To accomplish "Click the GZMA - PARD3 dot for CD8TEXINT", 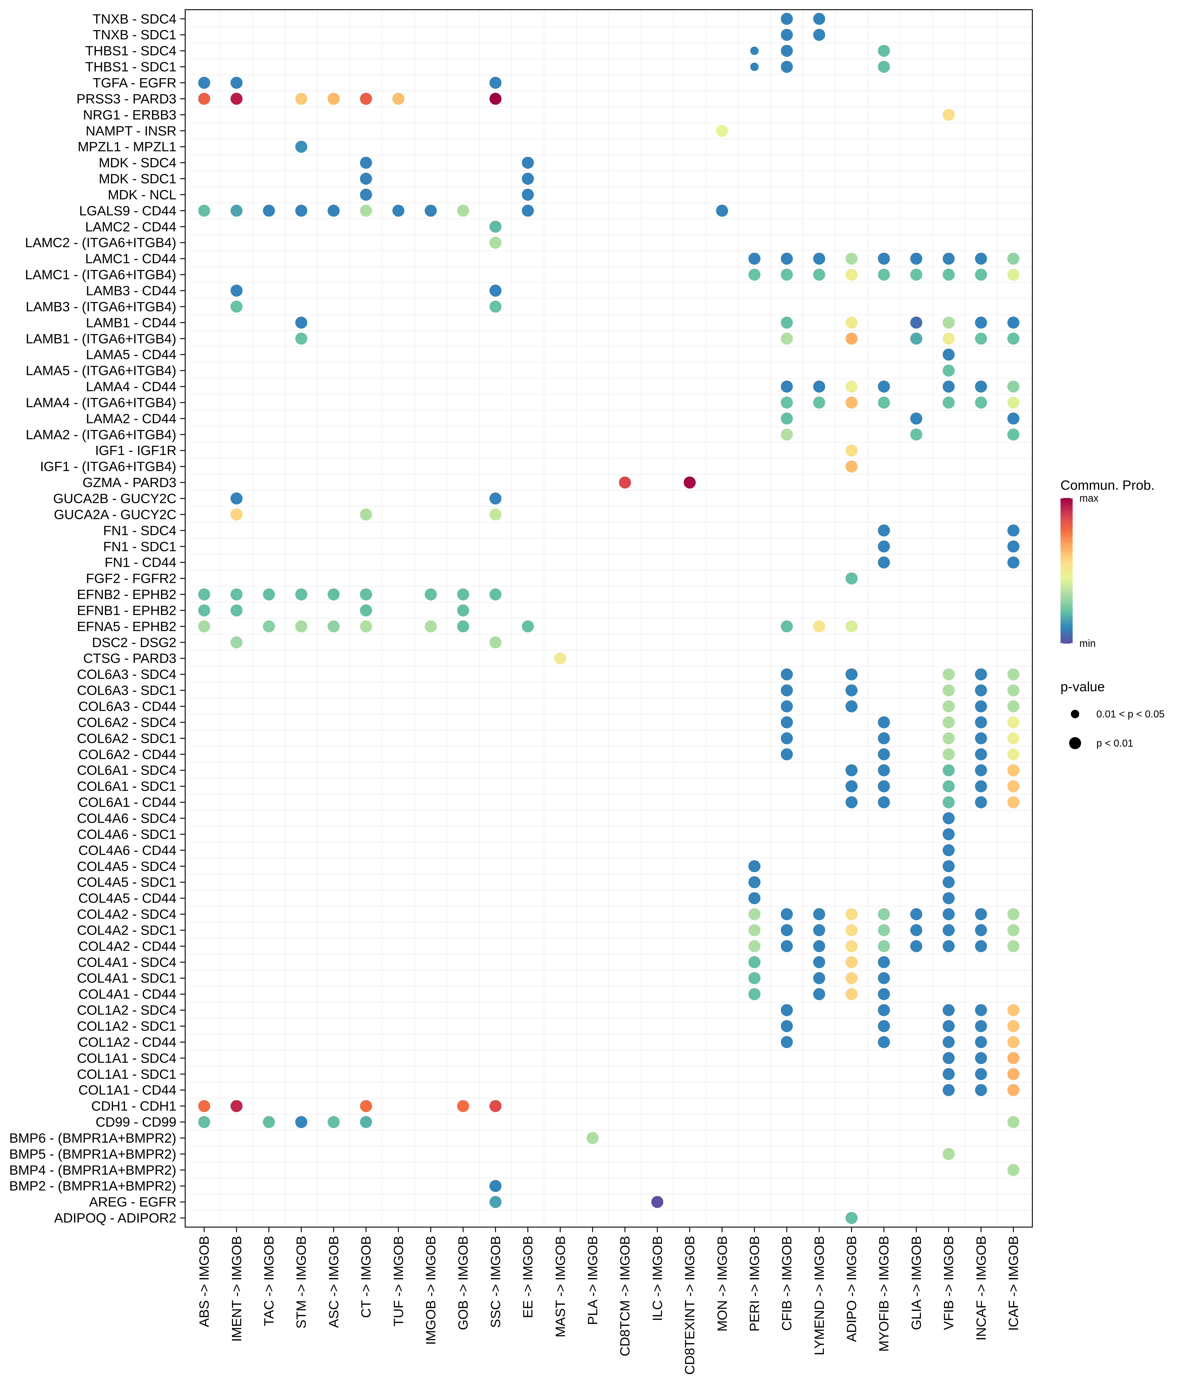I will click(690, 482).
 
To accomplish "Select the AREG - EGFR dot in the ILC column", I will click(657, 1202).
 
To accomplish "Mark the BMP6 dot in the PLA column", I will click(592, 1138).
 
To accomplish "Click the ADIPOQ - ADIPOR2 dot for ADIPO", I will click(851, 1218).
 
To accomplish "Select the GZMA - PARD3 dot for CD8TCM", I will click(625, 482).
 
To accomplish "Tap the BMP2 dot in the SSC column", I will click(495, 1186).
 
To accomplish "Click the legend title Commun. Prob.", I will click(1107, 486).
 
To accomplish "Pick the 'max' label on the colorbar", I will click(1089, 498).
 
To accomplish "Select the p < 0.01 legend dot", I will click(1075, 743).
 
